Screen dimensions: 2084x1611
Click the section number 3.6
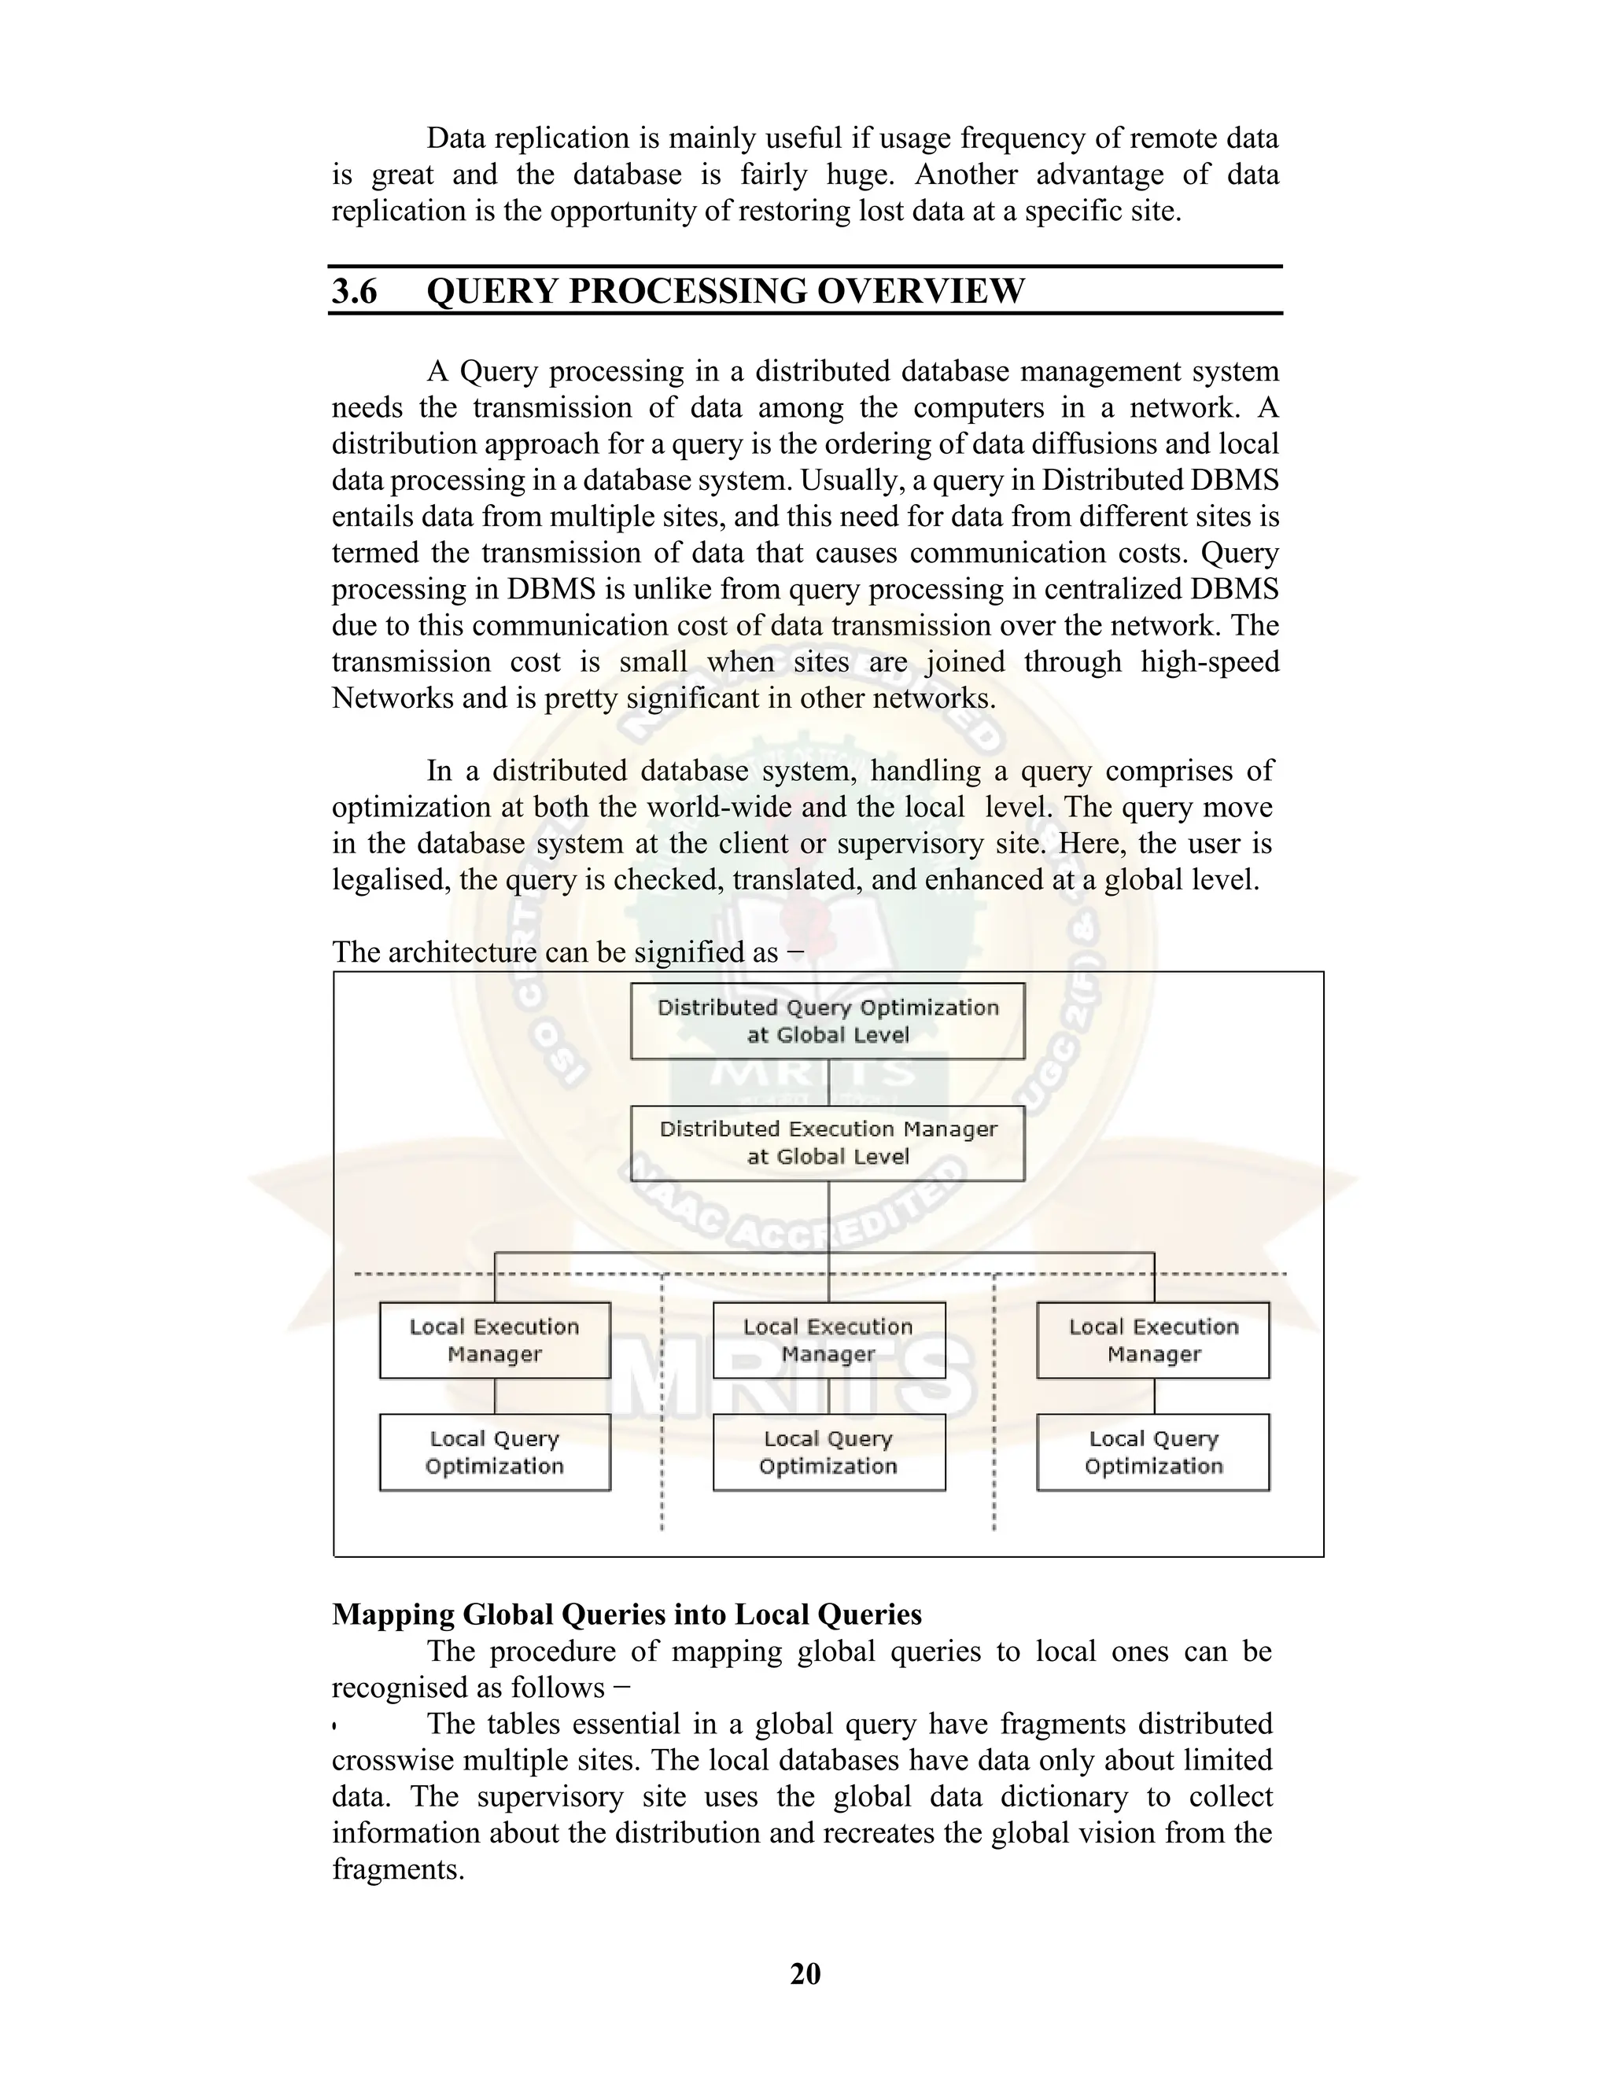[354, 291]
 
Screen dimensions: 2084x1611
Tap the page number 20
[805, 1973]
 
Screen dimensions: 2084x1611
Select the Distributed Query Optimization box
[828, 1021]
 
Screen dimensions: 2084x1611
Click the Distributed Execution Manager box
[828, 1143]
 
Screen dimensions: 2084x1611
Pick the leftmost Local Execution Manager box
[494, 1340]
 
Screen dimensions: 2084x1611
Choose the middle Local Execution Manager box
[828, 1340]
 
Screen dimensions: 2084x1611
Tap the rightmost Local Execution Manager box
[1153, 1340]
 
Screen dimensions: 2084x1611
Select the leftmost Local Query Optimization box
[494, 1453]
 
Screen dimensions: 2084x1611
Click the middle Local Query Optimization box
[828, 1453]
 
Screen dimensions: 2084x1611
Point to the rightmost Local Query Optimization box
[1153, 1453]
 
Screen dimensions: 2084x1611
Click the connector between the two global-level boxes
[828, 1082]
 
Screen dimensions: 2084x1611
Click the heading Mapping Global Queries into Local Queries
[627, 1615]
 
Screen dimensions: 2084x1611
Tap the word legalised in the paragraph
[390, 880]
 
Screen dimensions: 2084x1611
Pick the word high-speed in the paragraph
[1209, 662]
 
